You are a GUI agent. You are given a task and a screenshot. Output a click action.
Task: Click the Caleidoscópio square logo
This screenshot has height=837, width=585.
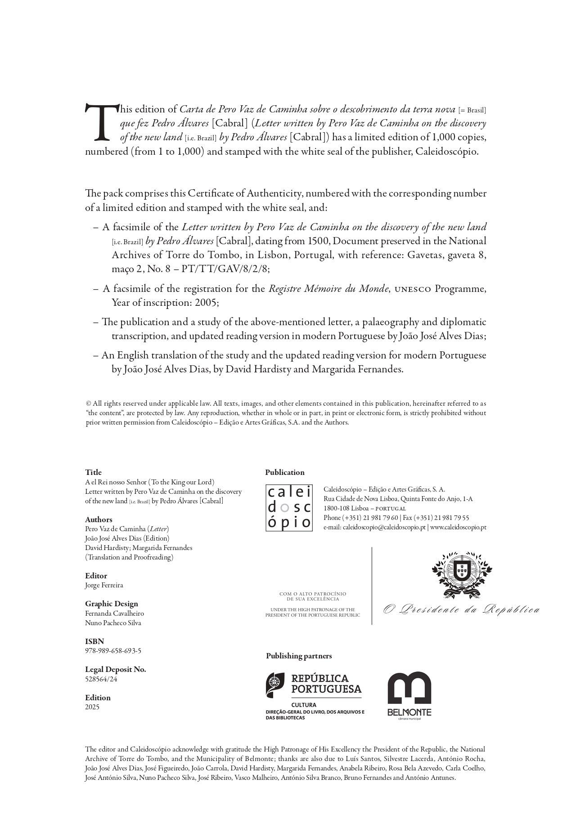289,508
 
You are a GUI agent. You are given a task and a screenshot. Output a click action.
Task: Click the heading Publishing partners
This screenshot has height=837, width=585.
299,656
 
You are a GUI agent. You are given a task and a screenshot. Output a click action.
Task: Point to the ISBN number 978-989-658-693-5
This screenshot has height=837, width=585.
113,651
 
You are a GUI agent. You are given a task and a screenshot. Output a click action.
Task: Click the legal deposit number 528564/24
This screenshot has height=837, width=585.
101,679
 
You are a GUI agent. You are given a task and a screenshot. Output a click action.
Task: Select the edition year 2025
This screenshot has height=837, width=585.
92,707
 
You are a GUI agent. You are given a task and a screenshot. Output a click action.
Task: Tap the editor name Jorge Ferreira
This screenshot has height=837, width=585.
104,585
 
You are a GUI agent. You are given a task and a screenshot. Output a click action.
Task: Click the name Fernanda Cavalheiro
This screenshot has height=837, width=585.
114,613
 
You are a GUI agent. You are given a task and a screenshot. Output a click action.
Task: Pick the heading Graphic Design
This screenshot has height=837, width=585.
112,604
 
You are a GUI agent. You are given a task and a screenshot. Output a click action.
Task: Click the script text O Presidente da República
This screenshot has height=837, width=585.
461,610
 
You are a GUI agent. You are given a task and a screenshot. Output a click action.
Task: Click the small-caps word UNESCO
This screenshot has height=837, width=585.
413,289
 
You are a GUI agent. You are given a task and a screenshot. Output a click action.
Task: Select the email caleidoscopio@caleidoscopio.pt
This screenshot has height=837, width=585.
384,527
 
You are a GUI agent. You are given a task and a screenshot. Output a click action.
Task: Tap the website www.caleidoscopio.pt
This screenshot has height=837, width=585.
458,527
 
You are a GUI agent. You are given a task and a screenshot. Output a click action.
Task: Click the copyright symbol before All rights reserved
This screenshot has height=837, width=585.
88,403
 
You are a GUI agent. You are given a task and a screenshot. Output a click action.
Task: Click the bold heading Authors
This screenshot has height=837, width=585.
99,519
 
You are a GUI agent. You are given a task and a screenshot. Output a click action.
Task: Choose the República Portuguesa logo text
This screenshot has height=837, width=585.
326,684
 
